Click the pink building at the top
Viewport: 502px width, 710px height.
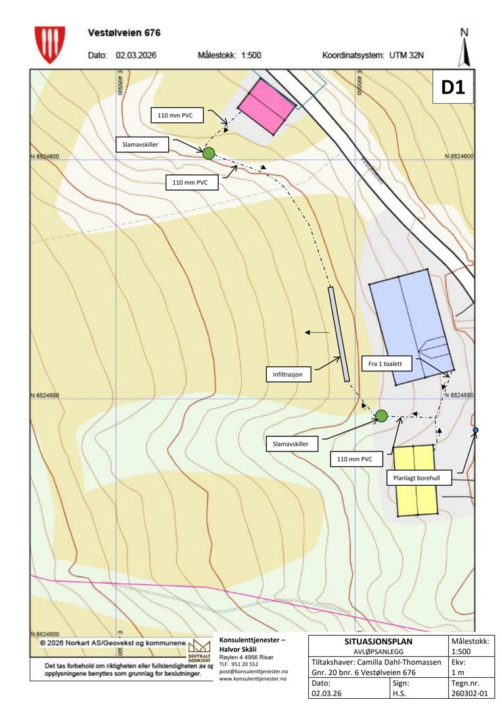tap(266, 106)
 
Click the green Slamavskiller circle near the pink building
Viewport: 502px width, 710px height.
tap(208, 153)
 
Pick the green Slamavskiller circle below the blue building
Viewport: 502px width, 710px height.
tap(381, 415)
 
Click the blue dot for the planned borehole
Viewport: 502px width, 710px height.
tap(476, 431)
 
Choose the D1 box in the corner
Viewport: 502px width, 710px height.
tap(453, 88)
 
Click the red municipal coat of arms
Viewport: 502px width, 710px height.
tap(50, 44)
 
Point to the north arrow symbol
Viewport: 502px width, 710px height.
tap(465, 47)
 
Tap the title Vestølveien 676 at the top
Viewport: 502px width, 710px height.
tap(124, 32)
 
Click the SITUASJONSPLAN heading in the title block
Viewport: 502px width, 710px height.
tap(378, 640)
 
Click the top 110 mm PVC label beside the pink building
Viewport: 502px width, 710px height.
tap(175, 115)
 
